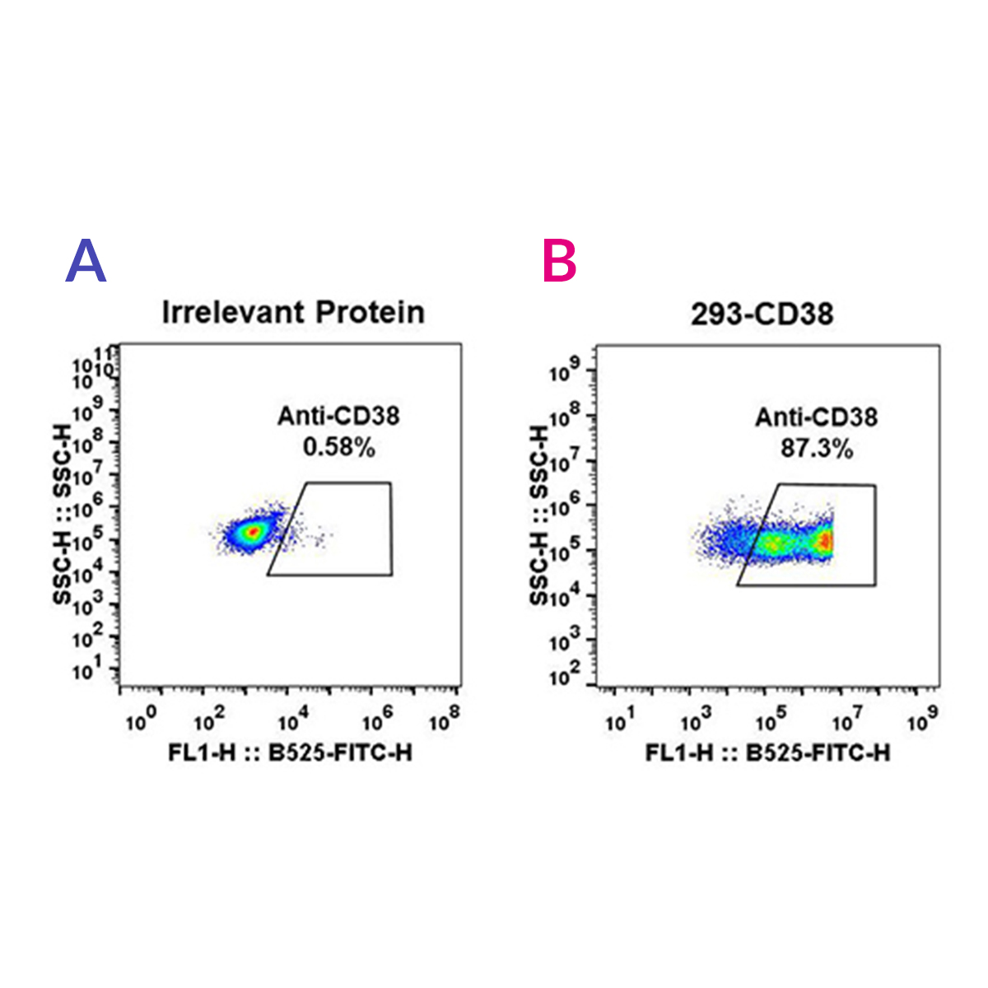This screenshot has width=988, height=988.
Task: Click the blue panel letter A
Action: (x=86, y=261)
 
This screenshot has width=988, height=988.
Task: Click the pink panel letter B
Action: (x=560, y=261)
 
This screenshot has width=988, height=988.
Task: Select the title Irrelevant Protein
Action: (x=293, y=313)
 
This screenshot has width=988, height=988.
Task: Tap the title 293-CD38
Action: (x=762, y=314)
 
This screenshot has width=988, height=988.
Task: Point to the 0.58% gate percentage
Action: (x=339, y=447)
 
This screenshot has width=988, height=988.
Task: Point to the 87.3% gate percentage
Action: (x=816, y=449)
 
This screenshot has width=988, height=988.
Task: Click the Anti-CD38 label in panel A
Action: (x=338, y=416)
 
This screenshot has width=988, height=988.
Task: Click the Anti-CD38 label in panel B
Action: (x=816, y=417)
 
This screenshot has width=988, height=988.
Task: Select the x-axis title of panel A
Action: (x=290, y=753)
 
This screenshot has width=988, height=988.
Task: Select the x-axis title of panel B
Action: (x=767, y=753)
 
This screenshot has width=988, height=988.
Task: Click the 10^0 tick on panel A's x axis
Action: (x=137, y=722)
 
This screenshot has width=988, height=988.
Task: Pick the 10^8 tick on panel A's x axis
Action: (x=444, y=722)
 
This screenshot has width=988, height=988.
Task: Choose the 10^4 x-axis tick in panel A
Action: (x=292, y=722)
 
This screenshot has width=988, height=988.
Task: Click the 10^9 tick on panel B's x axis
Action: (x=921, y=722)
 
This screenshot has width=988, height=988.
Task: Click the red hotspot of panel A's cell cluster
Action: (x=254, y=532)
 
